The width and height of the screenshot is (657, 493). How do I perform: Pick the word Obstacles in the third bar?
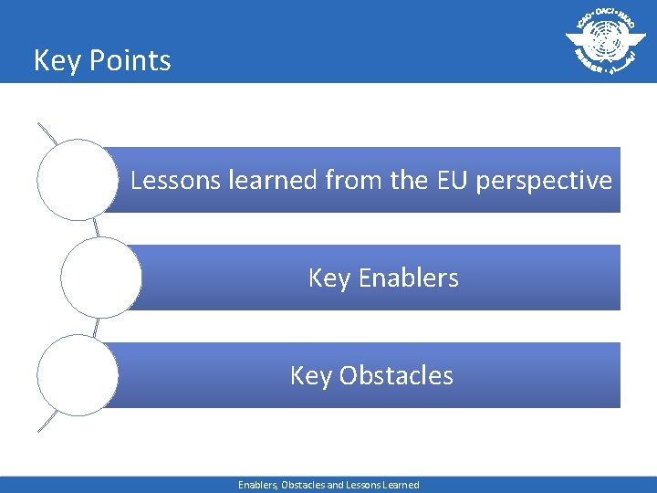point(396,375)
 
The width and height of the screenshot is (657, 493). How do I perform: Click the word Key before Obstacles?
point(310,376)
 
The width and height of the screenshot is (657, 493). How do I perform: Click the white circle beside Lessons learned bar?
point(78,180)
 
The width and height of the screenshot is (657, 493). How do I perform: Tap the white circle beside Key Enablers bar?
point(100,278)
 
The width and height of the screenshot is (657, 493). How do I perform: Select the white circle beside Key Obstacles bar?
point(78,375)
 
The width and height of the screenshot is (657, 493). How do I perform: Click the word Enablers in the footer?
point(258,485)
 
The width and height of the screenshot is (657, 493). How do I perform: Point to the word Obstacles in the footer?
point(308,485)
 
